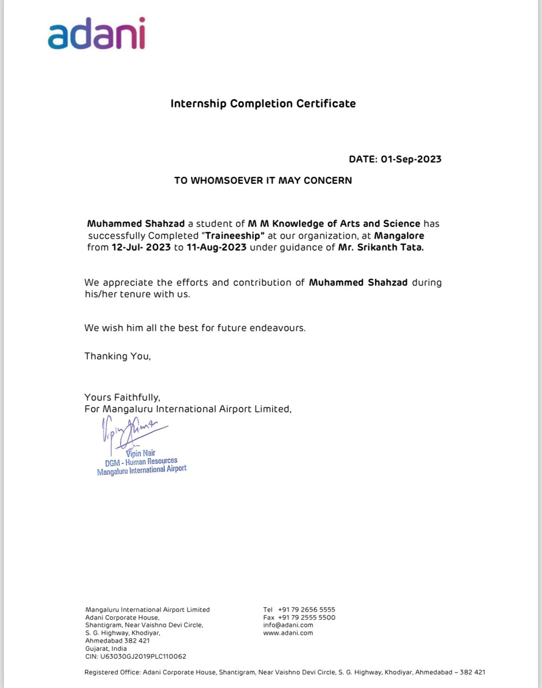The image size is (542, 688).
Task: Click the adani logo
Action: [x=97, y=34]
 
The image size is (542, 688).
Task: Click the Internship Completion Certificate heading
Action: [x=263, y=103]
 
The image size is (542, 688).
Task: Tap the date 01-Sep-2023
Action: [x=411, y=159]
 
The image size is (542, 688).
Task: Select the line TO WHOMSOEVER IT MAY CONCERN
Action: [x=263, y=181]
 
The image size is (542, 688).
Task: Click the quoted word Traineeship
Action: [x=234, y=236]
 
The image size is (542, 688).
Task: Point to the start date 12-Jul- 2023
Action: [x=141, y=247]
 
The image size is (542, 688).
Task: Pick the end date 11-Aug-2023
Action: [x=216, y=247]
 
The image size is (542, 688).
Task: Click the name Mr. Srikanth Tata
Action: [x=381, y=247]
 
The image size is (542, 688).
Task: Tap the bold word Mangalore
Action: [x=399, y=236]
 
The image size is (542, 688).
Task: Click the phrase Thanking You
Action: [x=117, y=356]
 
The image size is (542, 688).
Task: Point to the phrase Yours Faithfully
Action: [x=122, y=398]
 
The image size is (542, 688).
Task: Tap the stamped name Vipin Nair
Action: [x=140, y=453]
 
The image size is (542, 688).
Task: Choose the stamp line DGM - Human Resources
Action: [x=141, y=462]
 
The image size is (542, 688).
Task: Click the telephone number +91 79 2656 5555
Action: [x=306, y=610]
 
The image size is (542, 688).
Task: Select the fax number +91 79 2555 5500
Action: [x=306, y=618]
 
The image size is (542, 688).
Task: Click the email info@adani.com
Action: [x=288, y=625]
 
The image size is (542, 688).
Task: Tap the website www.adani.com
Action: [x=288, y=633]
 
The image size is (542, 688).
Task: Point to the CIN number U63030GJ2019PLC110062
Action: [x=143, y=656]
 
